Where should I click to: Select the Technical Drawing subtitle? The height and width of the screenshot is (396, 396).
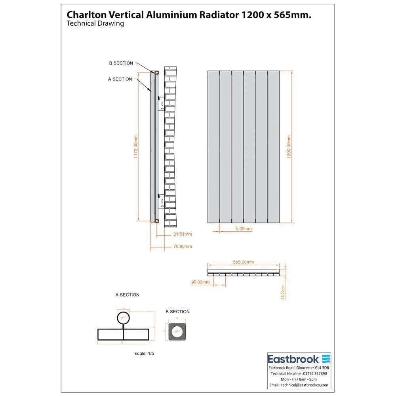tap(95, 24)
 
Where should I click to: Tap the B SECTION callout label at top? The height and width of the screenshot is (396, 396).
tap(121, 63)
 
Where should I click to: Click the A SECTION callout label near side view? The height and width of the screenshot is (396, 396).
tap(120, 79)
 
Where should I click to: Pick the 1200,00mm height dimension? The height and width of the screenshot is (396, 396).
tap(289, 147)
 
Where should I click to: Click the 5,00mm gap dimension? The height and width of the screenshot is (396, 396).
tap(244, 229)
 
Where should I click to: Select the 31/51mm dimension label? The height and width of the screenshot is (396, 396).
tap(183, 234)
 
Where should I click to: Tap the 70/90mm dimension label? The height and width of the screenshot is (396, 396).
tap(183, 246)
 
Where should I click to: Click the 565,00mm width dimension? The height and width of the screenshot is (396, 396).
tap(243, 262)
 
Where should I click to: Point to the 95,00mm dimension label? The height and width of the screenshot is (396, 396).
tap(200, 282)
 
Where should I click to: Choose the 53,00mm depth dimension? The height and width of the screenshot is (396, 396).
tap(282, 292)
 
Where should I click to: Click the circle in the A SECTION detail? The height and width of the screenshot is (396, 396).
tap(123, 318)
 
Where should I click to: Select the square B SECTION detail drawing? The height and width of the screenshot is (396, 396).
tap(177, 330)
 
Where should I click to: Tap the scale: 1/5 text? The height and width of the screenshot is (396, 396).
tap(144, 353)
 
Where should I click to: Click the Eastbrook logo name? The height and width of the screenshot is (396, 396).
tap(293, 359)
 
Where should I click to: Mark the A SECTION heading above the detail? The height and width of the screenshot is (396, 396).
tap(127, 295)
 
